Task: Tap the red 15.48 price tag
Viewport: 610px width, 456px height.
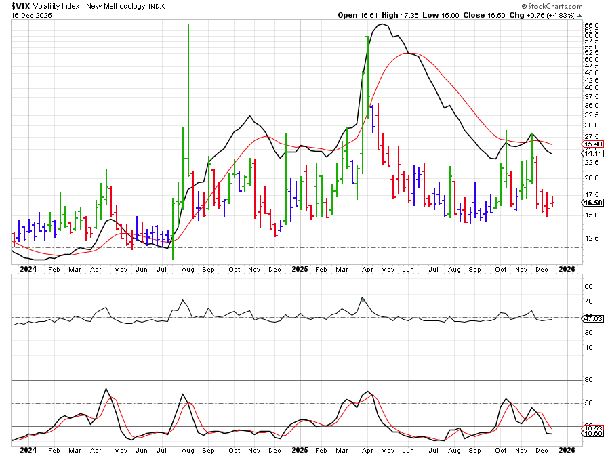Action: (x=592, y=144)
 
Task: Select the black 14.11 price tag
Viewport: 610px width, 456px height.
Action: (x=592, y=154)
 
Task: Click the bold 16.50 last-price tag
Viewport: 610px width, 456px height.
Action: (x=592, y=203)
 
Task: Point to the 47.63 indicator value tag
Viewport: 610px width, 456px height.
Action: (x=592, y=318)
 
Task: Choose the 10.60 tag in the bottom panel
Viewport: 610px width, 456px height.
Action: (x=592, y=434)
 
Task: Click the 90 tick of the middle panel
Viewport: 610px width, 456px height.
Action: (x=588, y=287)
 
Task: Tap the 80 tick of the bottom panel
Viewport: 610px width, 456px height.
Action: (x=588, y=381)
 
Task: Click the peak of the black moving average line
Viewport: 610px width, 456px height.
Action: (x=383, y=24)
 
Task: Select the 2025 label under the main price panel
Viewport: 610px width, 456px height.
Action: (x=300, y=269)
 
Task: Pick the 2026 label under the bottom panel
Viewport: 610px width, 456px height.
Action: (x=567, y=449)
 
